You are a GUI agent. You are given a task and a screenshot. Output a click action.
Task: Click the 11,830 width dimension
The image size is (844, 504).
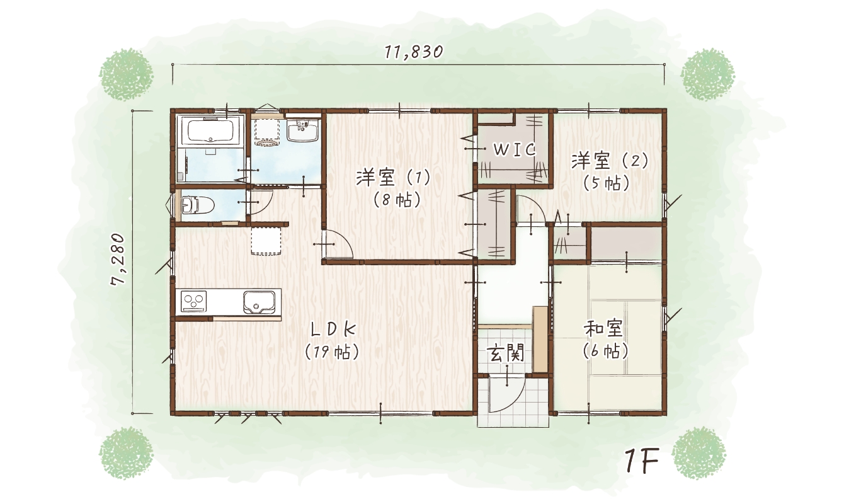(x=414, y=52)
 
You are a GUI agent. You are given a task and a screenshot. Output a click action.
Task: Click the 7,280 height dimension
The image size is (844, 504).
(x=119, y=260)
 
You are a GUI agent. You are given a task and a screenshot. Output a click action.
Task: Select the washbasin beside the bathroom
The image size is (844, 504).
(x=304, y=131)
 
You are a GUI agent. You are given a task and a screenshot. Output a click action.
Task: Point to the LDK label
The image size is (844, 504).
(x=333, y=329)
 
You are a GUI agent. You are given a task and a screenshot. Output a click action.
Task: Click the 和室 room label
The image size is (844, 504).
(x=603, y=329)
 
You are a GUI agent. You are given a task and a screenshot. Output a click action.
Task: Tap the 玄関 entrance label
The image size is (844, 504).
(x=506, y=354)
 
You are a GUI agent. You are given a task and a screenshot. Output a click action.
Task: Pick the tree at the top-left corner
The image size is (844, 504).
(x=125, y=74)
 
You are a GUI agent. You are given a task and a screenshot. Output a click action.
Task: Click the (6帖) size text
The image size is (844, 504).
(x=605, y=352)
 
